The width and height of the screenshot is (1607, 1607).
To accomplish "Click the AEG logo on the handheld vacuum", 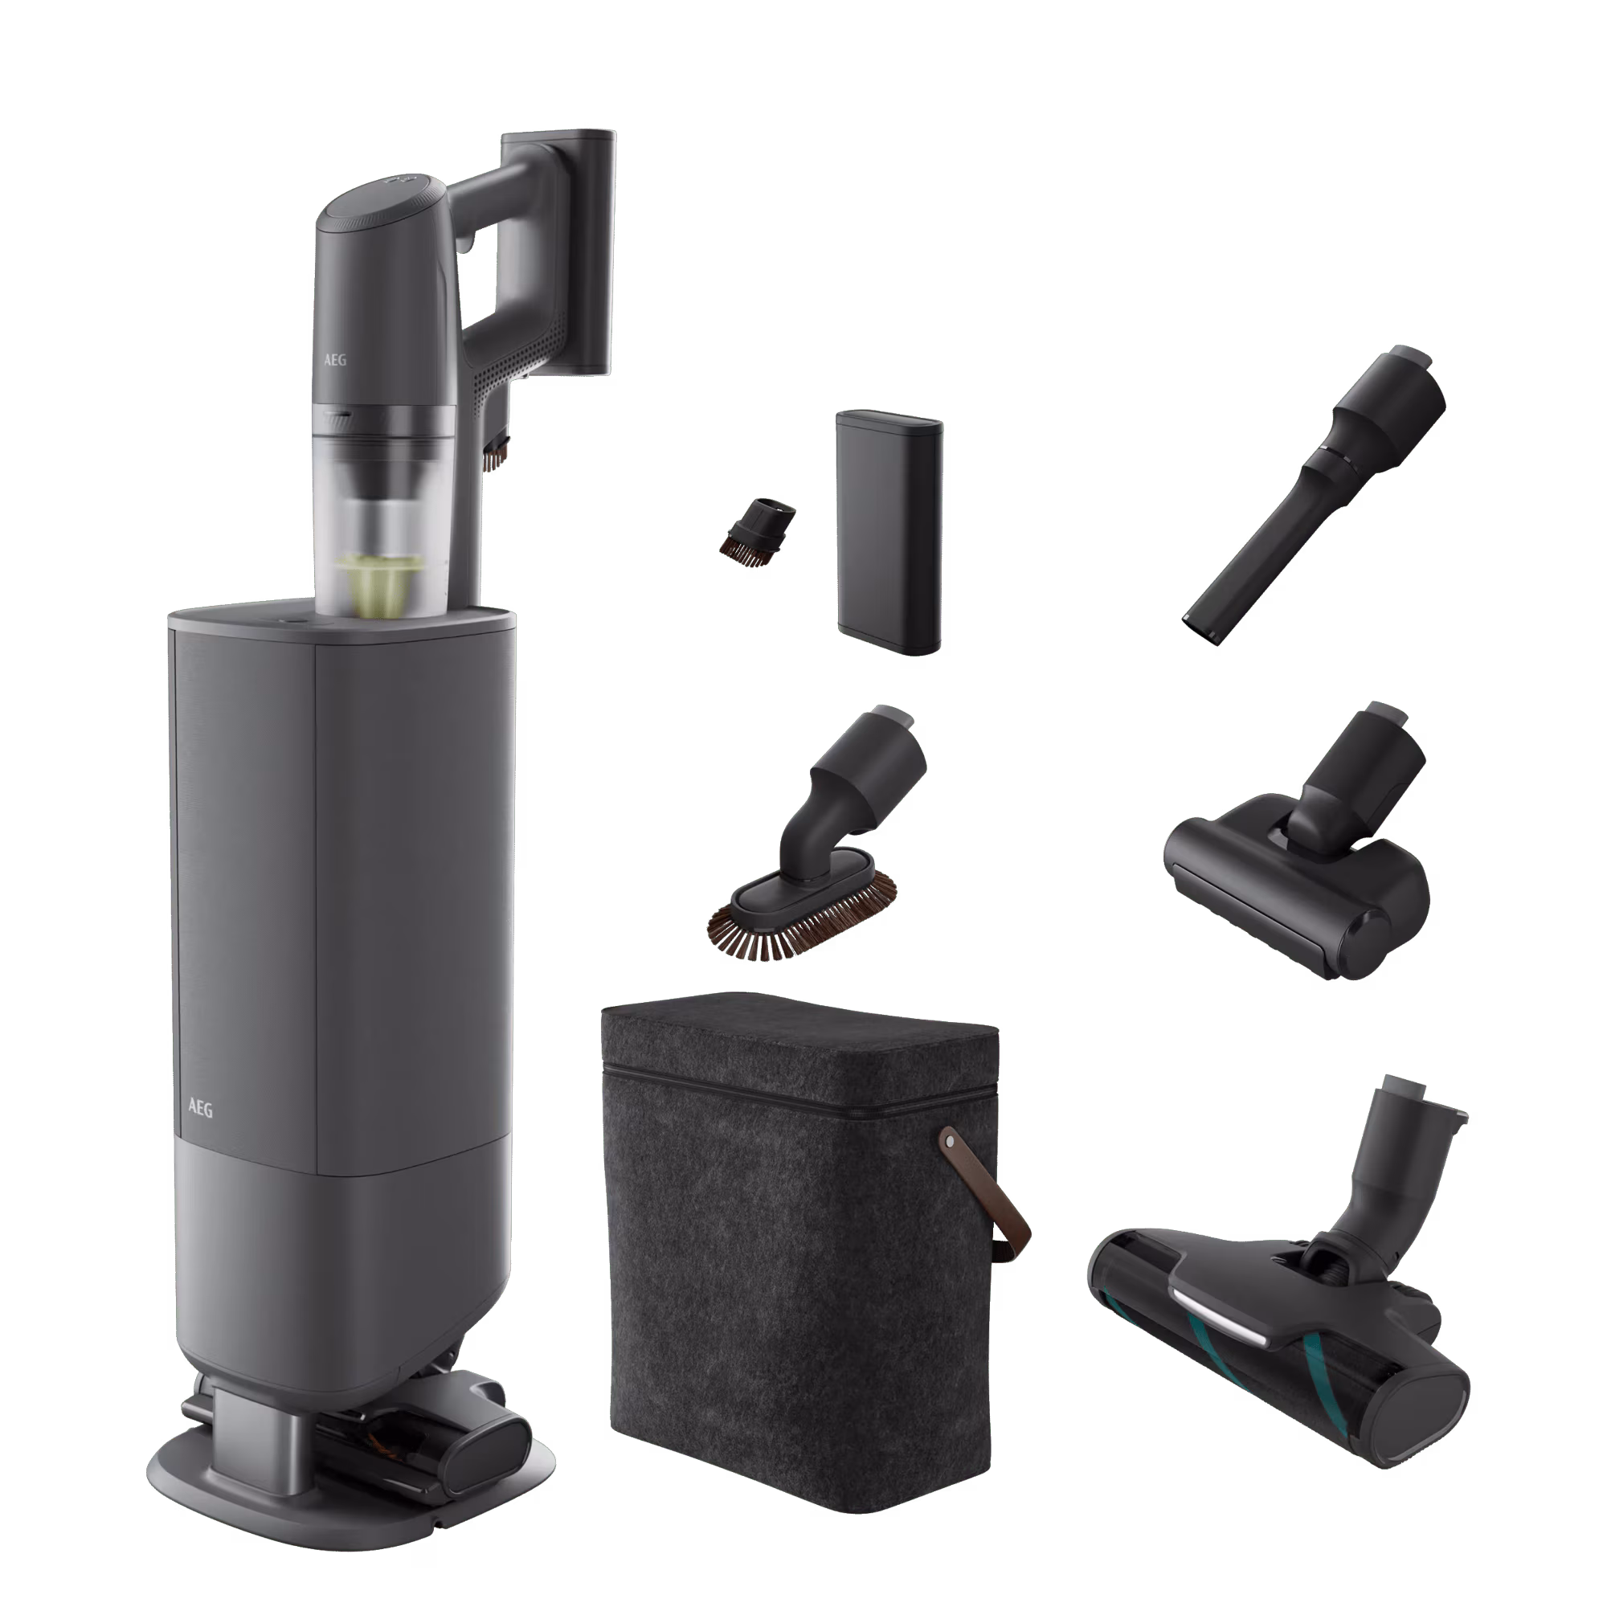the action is pos(334,361).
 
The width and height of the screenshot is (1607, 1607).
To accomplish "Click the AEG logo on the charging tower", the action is pos(200,1109).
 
